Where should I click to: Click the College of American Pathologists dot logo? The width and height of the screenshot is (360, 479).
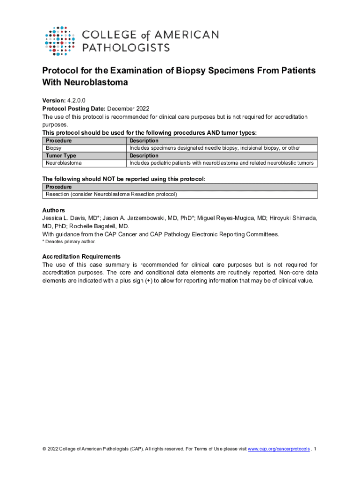coord(59,41)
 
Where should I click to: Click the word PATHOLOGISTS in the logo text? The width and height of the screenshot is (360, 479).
coord(126,47)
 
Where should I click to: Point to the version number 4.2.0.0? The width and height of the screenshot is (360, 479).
coord(76,100)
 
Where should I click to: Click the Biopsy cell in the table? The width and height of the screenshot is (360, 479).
coord(53,148)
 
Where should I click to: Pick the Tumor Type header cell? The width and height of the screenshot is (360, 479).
coord(61,156)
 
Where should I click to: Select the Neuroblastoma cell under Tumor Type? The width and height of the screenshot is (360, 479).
coord(63,163)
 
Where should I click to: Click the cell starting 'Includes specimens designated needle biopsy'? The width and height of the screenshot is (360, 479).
coord(215,148)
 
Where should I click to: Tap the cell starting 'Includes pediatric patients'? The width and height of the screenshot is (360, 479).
coord(221,163)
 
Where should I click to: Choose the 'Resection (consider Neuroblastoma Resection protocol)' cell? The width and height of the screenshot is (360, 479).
coord(111,194)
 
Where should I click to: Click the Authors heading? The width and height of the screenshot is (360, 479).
coord(53,210)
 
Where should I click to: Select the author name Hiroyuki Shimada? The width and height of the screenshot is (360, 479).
coord(293,218)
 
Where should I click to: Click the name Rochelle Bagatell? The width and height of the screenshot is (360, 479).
coord(99,226)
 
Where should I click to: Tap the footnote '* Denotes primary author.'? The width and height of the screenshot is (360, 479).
coord(69,242)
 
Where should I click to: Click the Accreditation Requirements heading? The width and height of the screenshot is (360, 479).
coord(81,256)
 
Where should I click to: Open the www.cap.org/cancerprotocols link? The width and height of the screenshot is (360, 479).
coord(279,449)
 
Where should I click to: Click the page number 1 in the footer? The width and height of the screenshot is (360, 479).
coord(316,449)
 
